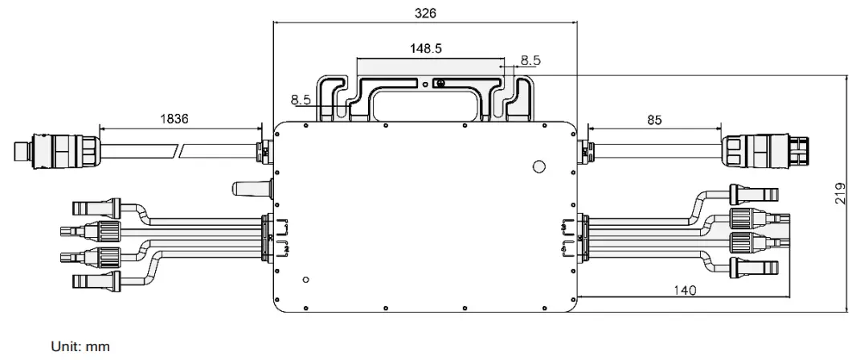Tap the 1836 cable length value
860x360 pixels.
174,118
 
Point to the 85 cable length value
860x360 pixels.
654,120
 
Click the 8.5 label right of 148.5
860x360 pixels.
530,59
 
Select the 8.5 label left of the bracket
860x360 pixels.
301,100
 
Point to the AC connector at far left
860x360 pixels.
55,149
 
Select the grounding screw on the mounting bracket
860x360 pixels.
439,82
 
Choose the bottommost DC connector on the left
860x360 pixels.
96,280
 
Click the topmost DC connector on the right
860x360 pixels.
752,194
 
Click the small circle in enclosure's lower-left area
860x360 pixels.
305,280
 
